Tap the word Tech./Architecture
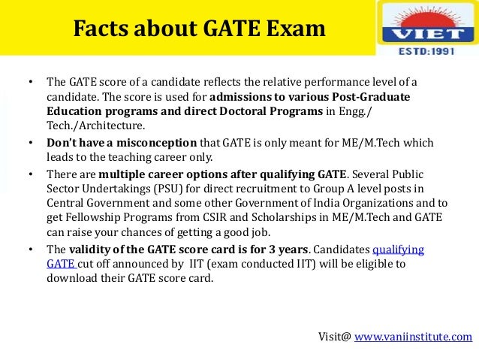pos(95,126)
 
